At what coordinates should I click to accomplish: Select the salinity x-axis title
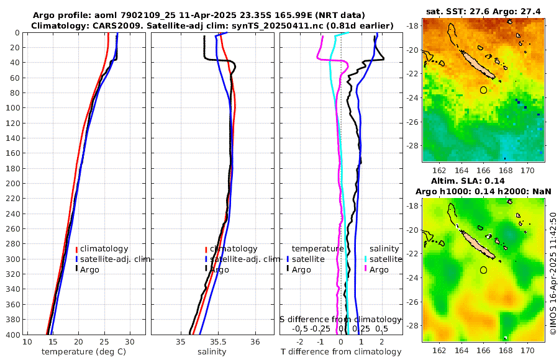(x=212, y=352)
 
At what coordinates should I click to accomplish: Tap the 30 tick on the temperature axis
(x=129, y=342)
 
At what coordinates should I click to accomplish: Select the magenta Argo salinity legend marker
(x=366, y=269)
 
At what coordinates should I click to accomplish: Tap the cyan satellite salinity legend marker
(x=366, y=259)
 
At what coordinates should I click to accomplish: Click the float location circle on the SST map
(x=484, y=90)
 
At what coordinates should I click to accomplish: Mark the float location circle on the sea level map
(x=484, y=270)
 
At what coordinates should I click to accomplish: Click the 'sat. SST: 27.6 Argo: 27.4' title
(x=484, y=12)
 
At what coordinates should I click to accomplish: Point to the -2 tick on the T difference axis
(x=301, y=342)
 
